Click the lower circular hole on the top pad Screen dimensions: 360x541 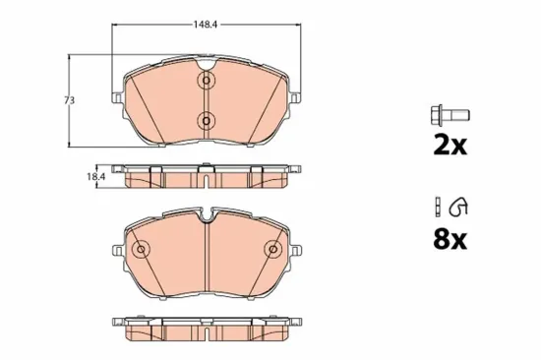[207, 121]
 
